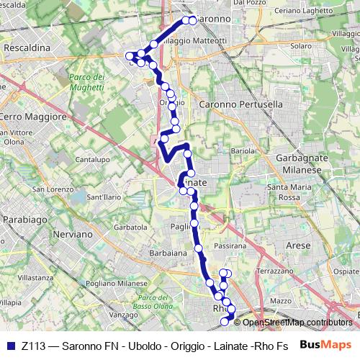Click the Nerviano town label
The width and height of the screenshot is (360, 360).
73,235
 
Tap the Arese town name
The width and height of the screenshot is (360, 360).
298,246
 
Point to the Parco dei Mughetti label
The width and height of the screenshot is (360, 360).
87,81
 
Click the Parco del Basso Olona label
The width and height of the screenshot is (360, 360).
152,302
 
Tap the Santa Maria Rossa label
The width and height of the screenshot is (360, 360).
283,192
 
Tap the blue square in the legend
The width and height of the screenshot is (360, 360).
9,346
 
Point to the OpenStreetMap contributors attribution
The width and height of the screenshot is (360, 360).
296,323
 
